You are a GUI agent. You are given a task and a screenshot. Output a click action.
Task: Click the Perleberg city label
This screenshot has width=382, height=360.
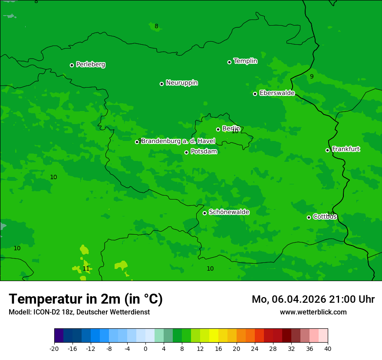(x=90, y=65)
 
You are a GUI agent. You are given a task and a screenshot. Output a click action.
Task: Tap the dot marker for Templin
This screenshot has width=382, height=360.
(x=229, y=62)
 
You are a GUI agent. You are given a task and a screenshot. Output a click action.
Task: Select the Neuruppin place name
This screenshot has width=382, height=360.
(x=181, y=83)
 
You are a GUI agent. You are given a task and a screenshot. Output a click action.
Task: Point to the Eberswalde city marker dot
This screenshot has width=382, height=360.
(x=255, y=94)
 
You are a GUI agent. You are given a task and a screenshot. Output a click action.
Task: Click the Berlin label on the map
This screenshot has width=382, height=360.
(x=231, y=129)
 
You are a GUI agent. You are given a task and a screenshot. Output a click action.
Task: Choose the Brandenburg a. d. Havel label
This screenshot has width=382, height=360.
(x=178, y=141)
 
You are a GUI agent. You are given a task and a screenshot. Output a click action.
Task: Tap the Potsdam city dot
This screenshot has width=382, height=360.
(x=186, y=152)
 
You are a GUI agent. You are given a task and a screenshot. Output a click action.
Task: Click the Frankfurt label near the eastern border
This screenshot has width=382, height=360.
(x=346, y=149)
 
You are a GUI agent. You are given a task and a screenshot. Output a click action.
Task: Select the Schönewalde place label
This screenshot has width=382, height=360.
(x=229, y=212)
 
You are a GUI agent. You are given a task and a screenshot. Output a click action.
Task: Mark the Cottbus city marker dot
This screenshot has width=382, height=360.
(x=309, y=217)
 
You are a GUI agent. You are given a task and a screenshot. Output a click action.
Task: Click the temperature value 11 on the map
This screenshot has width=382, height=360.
(x=86, y=269)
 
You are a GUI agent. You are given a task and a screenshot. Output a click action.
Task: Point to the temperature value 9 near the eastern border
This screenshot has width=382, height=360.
(x=311, y=77)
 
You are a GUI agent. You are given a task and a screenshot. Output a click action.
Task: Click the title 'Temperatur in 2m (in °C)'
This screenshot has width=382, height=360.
(x=86, y=299)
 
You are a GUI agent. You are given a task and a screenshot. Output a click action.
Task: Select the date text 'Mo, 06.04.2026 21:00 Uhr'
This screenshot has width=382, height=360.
(x=313, y=299)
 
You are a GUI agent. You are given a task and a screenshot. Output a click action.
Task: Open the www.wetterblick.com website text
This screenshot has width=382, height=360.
(x=313, y=312)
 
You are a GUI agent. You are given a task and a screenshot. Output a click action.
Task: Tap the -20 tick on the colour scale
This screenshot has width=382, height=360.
(x=54, y=349)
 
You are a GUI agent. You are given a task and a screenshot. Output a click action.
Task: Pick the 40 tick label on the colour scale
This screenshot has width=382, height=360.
(x=328, y=349)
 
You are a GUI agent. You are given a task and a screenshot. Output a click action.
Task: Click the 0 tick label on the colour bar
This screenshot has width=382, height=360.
(x=145, y=349)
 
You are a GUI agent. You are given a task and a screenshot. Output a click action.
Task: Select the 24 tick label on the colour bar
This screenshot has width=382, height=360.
(x=255, y=349)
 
